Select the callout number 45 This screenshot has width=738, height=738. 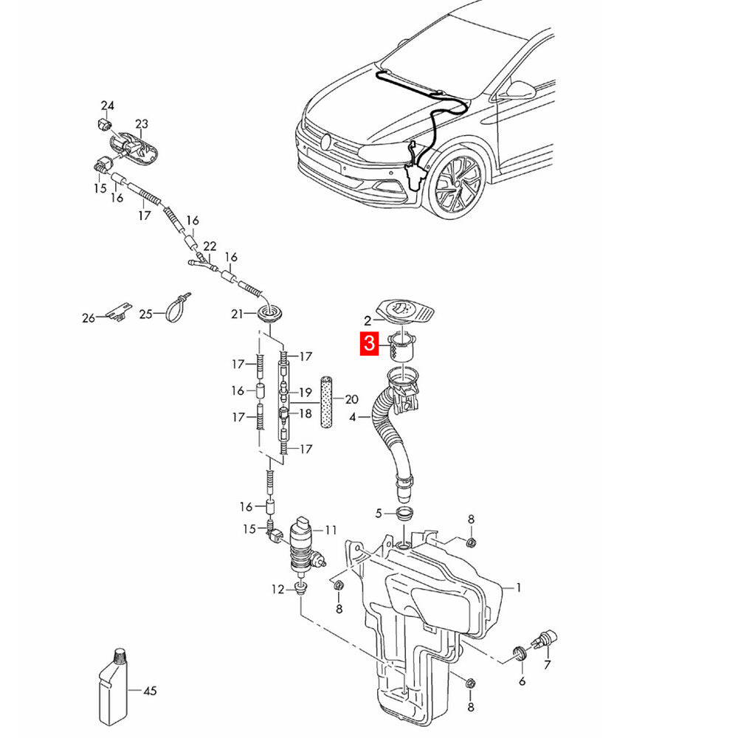tap(150, 692)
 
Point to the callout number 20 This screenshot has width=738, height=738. tap(351, 399)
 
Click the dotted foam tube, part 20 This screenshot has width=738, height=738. tap(326, 401)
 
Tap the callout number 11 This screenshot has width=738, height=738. tap(331, 530)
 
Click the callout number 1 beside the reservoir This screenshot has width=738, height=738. tap(519, 587)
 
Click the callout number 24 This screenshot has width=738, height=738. tap(108, 106)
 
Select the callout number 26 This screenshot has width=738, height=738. tap(89, 319)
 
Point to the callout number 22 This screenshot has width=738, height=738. tap(210, 246)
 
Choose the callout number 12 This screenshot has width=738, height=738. tap(277, 589)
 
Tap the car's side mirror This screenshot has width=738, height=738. tap(520, 90)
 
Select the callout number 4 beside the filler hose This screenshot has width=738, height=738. tap(353, 417)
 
